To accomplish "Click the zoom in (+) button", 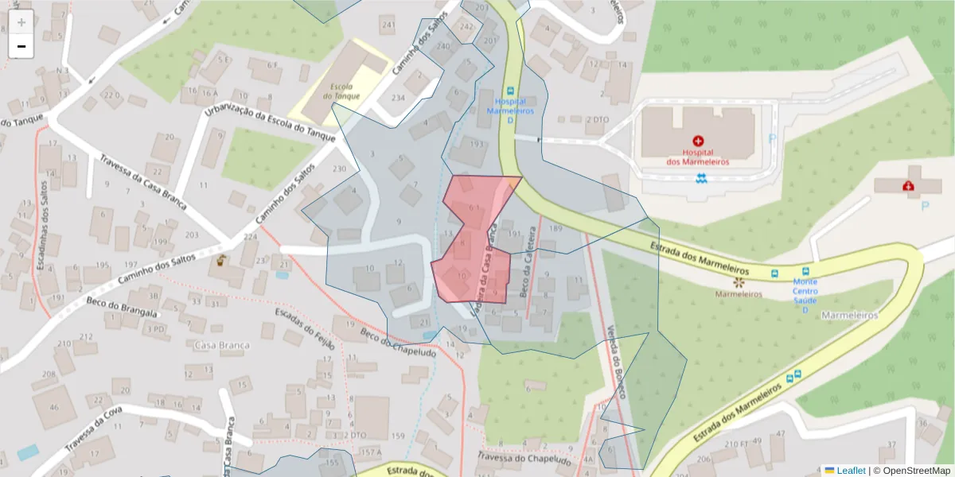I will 21,21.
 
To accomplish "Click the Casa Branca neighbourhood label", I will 222,345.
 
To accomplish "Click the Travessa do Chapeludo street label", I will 524,459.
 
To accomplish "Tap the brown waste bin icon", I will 221,259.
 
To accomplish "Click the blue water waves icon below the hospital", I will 700,176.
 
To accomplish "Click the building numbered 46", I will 54,407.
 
